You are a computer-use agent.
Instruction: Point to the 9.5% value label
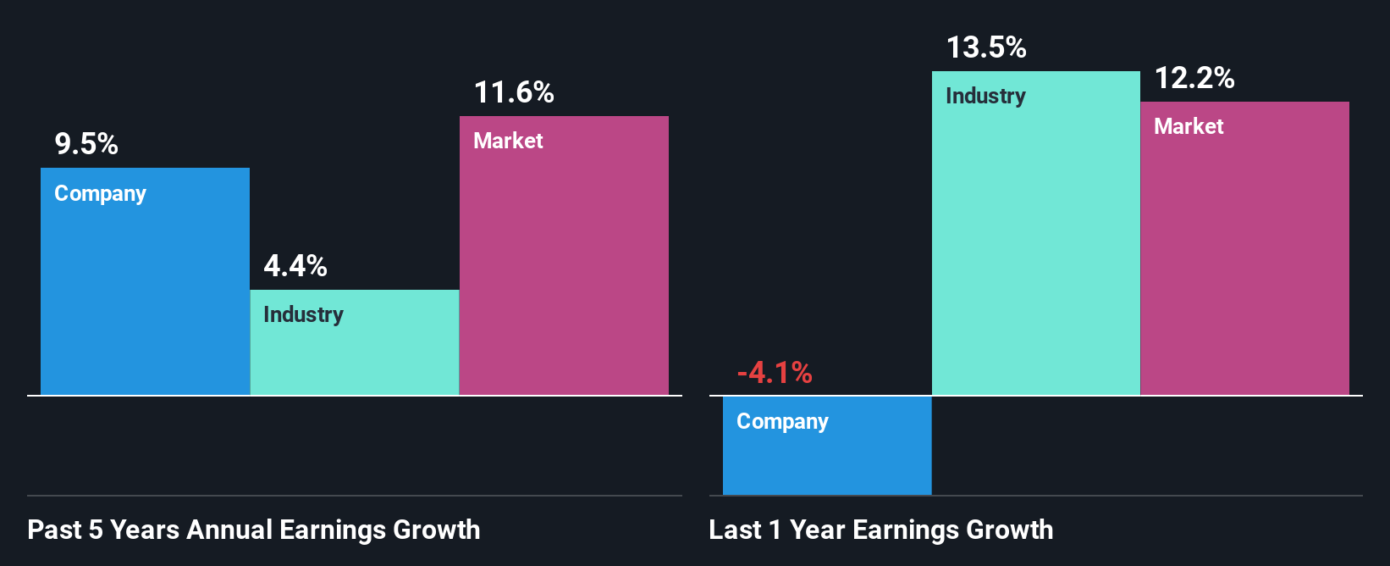(86, 144)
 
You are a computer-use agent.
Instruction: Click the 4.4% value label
(295, 266)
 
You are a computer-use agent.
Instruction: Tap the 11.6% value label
(514, 92)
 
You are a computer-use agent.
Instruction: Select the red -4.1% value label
(775, 373)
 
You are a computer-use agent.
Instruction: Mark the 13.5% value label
(986, 47)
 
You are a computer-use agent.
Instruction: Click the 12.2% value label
(1194, 78)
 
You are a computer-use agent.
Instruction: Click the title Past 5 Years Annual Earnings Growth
(254, 530)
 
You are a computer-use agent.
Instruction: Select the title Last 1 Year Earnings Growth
(881, 530)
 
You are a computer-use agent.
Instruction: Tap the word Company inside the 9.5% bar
(100, 194)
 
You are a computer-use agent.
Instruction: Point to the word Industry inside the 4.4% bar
(303, 315)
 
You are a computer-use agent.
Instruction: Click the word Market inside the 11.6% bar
(508, 141)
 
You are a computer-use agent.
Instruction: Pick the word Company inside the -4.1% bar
(782, 422)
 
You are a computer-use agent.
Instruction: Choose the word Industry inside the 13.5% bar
(985, 97)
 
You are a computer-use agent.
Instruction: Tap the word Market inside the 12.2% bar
(1189, 126)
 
